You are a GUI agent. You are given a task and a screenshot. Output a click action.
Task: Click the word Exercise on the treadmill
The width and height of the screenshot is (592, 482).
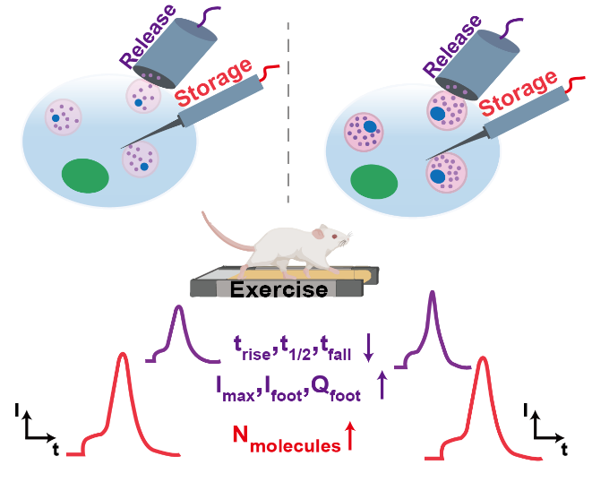[x=279, y=289]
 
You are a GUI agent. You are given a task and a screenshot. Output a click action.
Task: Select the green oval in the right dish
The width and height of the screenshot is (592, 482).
[x=374, y=182]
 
